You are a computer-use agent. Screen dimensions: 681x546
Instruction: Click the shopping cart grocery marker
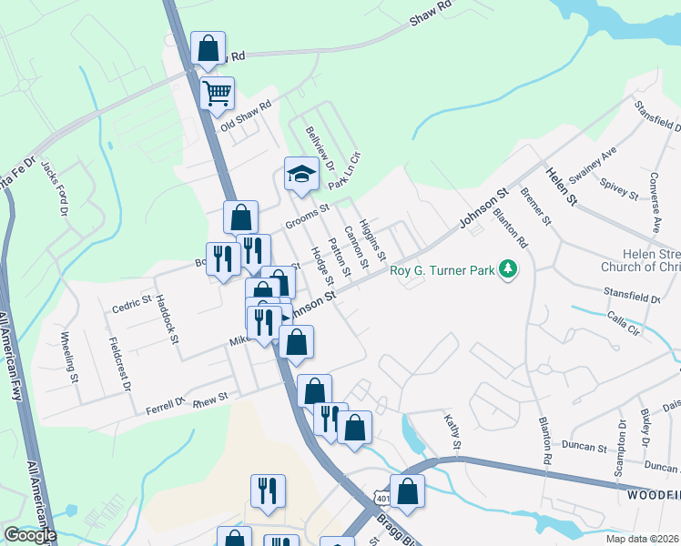tap(217, 93)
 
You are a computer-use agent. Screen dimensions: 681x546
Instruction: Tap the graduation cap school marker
tap(300, 173)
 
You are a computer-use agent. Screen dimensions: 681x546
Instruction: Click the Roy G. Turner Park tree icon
tap(509, 268)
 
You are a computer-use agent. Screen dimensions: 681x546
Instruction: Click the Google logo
tap(29, 535)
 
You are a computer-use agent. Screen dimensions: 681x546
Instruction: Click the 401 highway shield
tap(380, 496)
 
